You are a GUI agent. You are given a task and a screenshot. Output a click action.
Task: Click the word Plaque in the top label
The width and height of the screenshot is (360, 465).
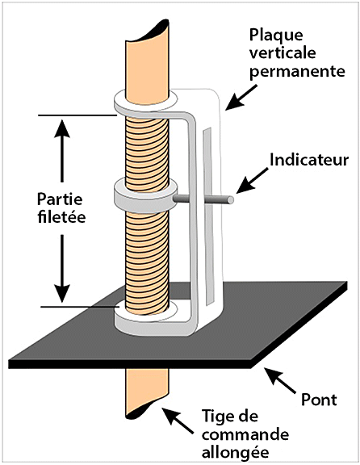[276, 36]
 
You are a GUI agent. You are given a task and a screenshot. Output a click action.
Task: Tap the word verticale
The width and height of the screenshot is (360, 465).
[283, 53]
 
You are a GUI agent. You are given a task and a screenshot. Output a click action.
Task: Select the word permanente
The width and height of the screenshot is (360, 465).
[297, 72]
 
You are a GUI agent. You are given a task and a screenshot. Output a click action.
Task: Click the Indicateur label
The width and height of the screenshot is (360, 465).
[309, 160]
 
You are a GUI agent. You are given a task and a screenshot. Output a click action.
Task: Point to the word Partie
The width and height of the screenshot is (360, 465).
[60, 199]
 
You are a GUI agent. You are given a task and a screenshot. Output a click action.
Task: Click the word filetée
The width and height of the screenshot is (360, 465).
[61, 217]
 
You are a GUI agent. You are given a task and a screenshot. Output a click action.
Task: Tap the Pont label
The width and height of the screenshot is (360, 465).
[319, 400]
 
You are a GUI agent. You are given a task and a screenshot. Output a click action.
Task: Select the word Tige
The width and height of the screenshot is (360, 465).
[218, 417]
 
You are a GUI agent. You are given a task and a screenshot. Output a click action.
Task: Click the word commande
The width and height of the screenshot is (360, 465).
[245, 435]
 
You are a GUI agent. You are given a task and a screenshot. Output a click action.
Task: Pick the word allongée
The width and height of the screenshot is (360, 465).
[236, 453]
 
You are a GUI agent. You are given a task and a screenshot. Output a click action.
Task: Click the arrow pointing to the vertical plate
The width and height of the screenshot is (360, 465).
[241, 98]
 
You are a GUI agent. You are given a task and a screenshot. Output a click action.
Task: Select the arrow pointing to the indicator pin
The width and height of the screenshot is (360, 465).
[252, 181]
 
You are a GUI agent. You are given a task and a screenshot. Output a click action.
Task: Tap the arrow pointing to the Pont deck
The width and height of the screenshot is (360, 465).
[279, 380]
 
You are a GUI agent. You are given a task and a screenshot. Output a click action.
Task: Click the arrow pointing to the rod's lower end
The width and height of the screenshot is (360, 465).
[177, 421]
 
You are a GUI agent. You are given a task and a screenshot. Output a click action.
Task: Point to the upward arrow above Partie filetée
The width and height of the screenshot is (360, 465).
[62, 150]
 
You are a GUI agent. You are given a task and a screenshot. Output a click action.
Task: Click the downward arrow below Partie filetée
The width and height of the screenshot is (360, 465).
[62, 268]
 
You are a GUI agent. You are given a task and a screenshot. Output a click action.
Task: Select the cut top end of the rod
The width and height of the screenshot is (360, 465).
[148, 31]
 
